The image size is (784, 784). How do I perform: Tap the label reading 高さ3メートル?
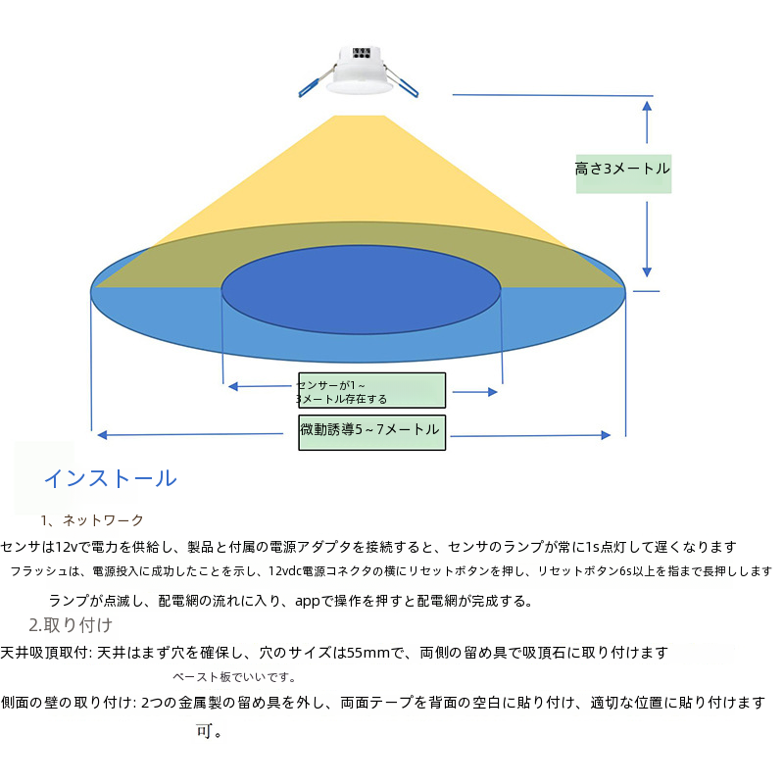coord(623,169)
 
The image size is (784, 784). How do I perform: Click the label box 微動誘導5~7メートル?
coord(371,430)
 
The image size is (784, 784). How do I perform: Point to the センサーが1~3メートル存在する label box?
coord(371,390)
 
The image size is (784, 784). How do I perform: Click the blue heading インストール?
coord(110,479)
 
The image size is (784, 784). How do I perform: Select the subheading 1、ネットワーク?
coord(92,520)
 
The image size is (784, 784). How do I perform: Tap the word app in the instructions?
coord(309,601)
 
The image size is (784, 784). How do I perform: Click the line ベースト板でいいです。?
coord(234,677)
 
